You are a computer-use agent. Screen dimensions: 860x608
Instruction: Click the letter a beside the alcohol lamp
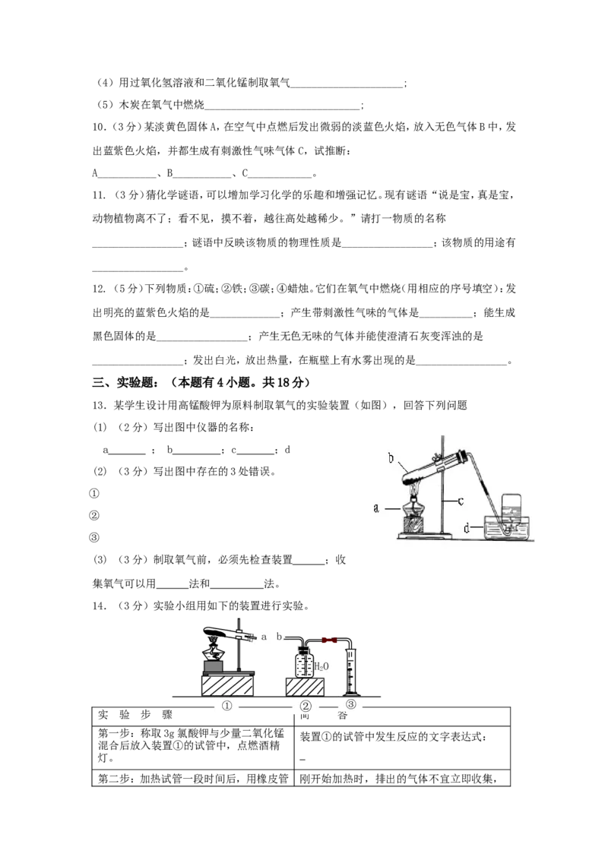click(x=376, y=508)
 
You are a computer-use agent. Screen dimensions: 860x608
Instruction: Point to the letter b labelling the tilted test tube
click(x=391, y=458)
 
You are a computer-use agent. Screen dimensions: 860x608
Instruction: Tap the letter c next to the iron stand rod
click(x=460, y=501)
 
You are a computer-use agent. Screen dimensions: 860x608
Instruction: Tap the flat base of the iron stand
click(x=426, y=537)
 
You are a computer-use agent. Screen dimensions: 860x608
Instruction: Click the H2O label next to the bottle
click(x=321, y=667)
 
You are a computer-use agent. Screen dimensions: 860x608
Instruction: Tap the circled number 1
click(x=226, y=706)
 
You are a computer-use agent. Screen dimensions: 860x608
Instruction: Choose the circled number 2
click(x=305, y=707)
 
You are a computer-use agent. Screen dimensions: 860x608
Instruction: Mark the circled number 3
click(x=350, y=704)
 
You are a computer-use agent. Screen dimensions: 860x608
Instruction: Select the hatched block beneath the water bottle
click(x=306, y=687)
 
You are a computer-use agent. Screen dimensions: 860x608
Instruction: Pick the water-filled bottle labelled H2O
click(x=303, y=663)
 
